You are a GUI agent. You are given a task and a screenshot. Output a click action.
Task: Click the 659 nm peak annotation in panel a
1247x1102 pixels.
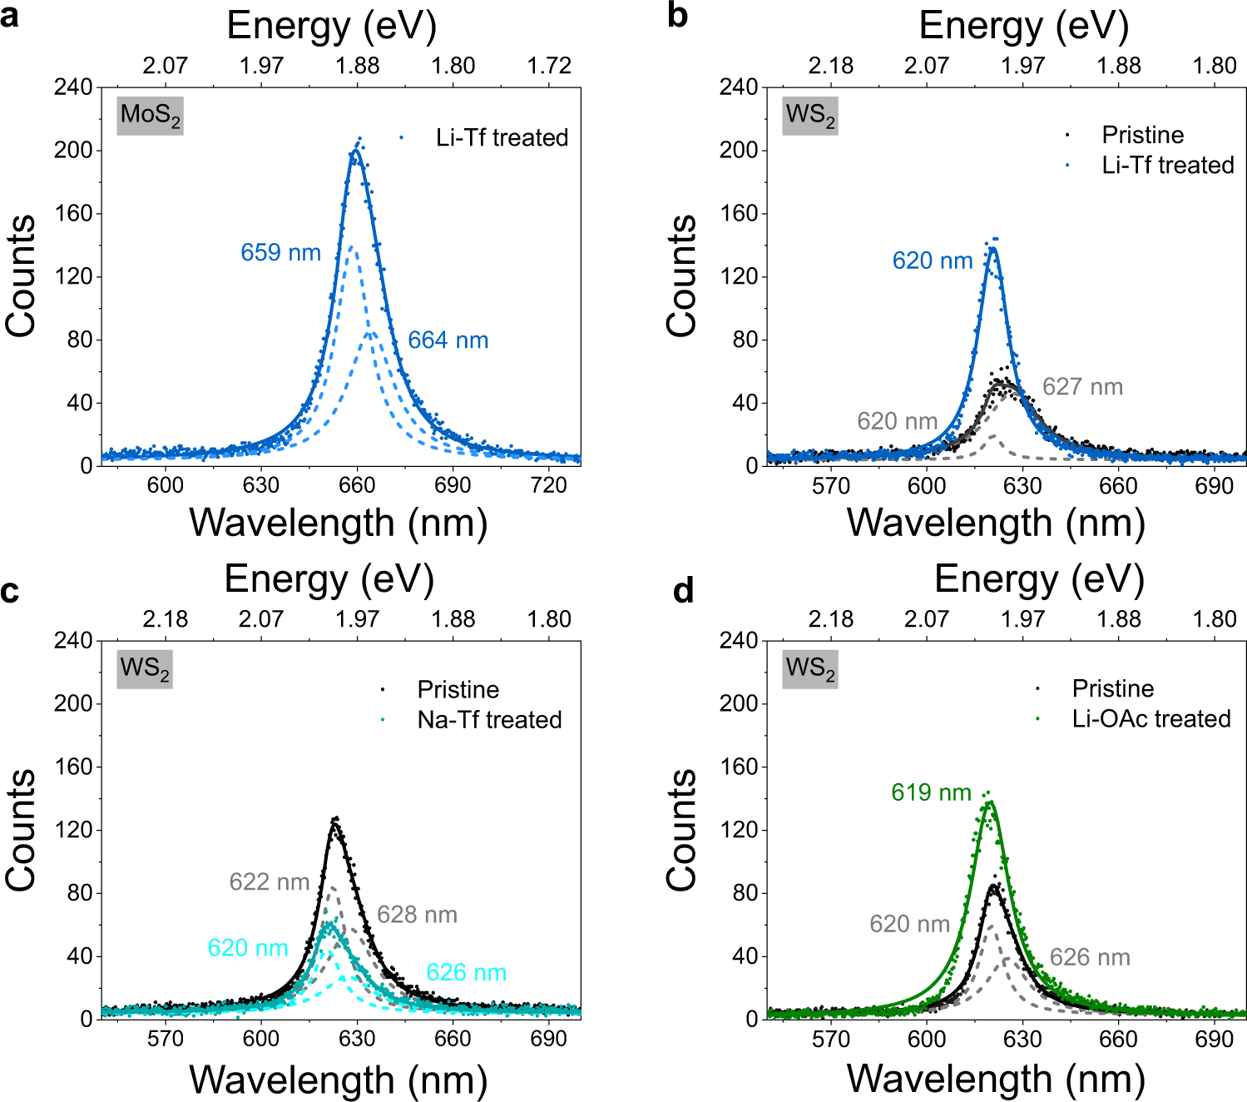[280, 253]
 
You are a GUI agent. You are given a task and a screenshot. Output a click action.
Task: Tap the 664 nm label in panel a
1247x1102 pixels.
[448, 340]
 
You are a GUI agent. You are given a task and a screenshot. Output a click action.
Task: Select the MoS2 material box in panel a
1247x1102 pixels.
[150, 115]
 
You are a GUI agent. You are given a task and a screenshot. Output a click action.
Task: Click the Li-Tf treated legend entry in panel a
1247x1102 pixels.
[501, 137]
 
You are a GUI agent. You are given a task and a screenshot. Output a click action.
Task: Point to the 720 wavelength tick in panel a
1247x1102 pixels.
[548, 485]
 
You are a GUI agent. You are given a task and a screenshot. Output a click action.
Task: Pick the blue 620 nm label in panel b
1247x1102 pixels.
[932, 261]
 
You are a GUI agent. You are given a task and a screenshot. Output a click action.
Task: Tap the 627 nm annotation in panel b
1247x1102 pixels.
[1082, 387]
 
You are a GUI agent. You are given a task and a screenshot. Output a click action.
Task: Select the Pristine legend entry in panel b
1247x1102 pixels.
[1142, 135]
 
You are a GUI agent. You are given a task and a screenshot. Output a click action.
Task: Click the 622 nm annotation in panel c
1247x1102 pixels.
[269, 882]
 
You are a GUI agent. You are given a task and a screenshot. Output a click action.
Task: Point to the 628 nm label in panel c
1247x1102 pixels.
[417, 916]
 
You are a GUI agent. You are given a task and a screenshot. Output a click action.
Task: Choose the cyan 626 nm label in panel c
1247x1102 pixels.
[466, 973]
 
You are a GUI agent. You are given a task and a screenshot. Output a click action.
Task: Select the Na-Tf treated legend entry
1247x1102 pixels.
[489, 720]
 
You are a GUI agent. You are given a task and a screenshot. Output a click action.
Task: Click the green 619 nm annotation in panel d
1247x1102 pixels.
[931, 792]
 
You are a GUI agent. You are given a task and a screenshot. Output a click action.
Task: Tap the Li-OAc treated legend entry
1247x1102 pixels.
[1151, 719]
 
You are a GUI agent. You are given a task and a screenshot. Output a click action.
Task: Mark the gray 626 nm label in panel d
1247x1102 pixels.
[1089, 958]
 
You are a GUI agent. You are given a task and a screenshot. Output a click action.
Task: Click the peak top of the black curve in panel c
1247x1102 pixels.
[335, 820]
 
